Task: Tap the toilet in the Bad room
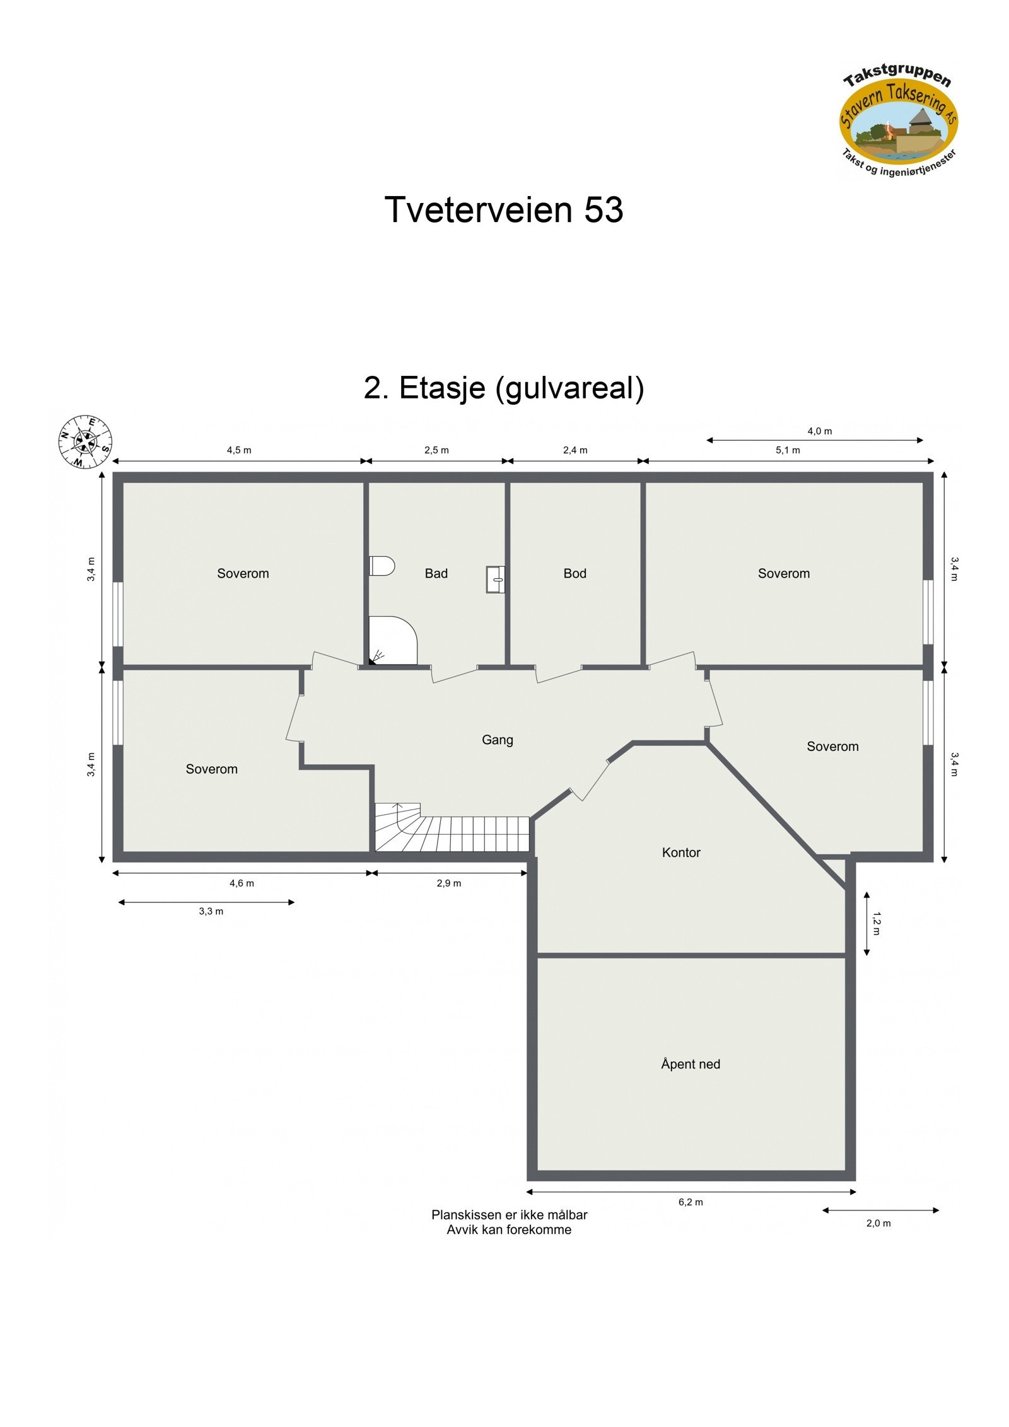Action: click(382, 566)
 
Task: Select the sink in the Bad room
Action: click(495, 579)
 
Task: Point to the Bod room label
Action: click(574, 573)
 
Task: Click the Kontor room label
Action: click(681, 853)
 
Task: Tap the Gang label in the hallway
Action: click(497, 740)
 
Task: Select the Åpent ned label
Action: click(690, 1064)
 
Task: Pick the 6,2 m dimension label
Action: click(691, 1202)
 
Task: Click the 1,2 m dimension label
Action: click(876, 923)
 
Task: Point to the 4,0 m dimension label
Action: click(819, 431)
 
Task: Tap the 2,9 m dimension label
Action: click(448, 883)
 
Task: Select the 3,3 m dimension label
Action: click(211, 911)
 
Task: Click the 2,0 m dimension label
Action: click(878, 1223)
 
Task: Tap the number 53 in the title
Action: click(604, 209)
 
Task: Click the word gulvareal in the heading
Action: click(569, 388)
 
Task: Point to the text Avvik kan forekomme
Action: click(509, 1230)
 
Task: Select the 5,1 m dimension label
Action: click(788, 450)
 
